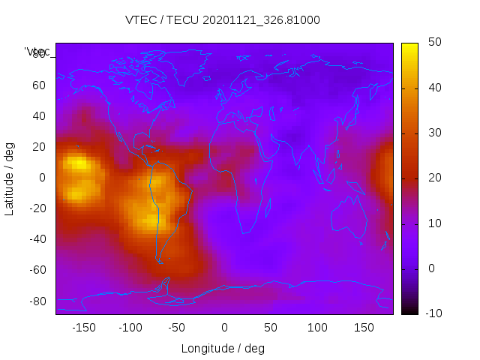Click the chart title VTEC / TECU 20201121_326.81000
[x=222, y=20]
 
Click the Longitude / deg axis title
[x=223, y=349]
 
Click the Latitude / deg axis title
[x=10, y=178]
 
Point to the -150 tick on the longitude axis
[x=83, y=328]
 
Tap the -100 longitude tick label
[x=130, y=328]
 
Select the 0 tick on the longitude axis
[x=223, y=328]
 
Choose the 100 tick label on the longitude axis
[x=317, y=328]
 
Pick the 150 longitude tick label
[x=364, y=328]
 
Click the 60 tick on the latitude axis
[x=39, y=85]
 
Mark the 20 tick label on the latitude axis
[x=39, y=147]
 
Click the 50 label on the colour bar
[x=433, y=43]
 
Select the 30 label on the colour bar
[x=433, y=133]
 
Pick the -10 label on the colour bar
[x=431, y=313]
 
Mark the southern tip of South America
[x=159, y=262]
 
